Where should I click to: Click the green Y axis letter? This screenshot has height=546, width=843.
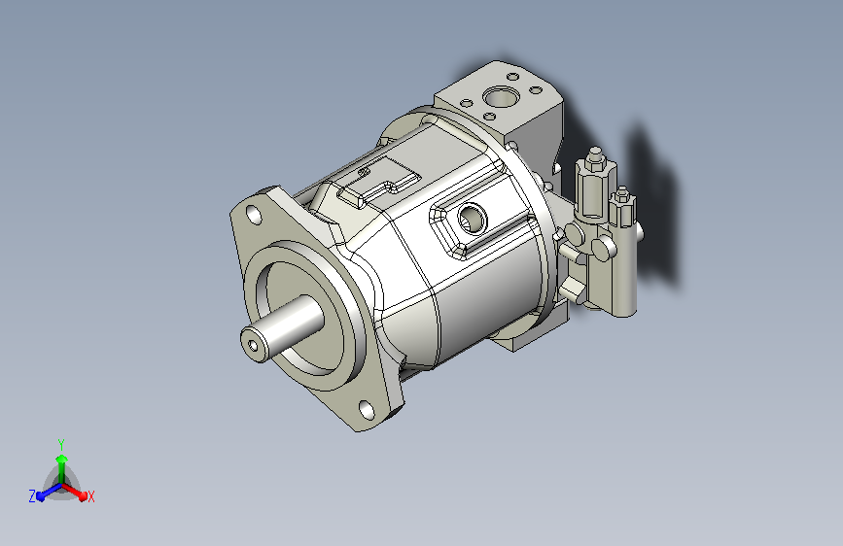click(x=61, y=445)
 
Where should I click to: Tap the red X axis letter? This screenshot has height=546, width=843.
click(x=90, y=496)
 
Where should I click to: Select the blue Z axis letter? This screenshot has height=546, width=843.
click(x=32, y=496)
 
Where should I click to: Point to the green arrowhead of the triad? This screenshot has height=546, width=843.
click(x=62, y=459)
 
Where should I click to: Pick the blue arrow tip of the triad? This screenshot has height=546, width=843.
click(x=41, y=496)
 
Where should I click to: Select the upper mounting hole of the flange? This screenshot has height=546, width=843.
click(x=254, y=215)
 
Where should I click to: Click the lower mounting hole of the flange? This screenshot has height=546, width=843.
click(x=367, y=410)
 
